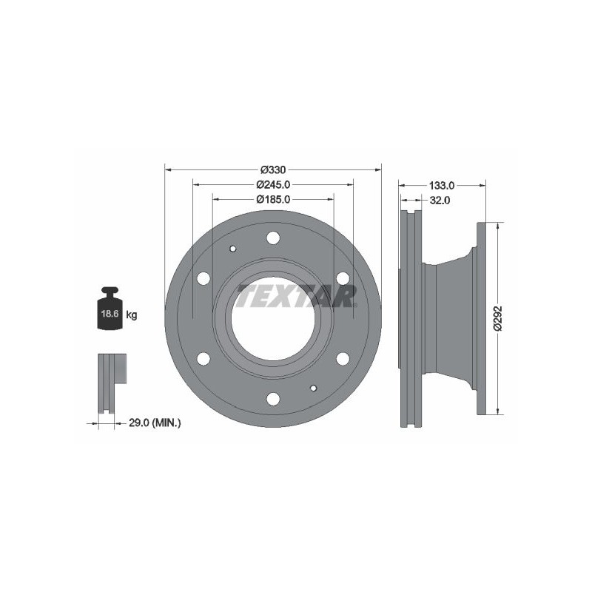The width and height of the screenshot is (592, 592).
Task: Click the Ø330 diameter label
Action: pos(273,170)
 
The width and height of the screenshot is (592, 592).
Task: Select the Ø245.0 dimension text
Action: pos(273,184)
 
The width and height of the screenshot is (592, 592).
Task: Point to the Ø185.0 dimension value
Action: pos(273,199)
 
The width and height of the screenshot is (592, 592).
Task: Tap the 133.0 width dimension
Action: pos(442,186)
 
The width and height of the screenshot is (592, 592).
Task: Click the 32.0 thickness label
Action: pos(440,201)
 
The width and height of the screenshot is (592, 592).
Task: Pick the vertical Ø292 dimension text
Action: pos(499,319)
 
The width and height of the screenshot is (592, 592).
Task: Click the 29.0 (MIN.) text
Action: pos(155,423)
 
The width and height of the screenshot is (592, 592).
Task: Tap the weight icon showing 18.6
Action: pos(110,308)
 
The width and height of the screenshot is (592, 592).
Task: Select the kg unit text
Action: pos(132,314)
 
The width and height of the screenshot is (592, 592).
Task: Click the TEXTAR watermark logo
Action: pos(297,296)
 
